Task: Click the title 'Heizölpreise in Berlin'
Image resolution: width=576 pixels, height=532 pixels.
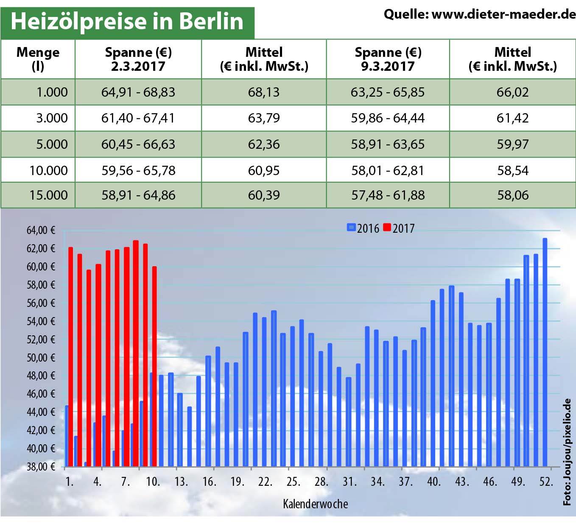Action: (127, 21)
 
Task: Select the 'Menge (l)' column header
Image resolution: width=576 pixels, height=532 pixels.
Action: (38, 59)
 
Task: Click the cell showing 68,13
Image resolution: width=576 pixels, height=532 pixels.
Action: (264, 92)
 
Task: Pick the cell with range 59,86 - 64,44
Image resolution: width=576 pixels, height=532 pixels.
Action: (387, 118)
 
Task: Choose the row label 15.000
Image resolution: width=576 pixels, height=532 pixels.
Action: (48, 195)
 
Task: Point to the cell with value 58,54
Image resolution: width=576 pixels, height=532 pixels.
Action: (513, 170)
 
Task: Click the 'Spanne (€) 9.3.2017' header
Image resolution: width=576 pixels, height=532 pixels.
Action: (388, 59)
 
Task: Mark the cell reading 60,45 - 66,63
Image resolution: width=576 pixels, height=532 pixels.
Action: (138, 144)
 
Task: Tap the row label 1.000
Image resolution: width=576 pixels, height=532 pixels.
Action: (52, 92)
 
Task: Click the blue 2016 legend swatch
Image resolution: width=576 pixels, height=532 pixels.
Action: (351, 228)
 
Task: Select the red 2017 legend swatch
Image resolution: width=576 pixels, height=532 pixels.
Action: (386, 228)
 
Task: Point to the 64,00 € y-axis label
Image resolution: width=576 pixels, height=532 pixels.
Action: (41, 230)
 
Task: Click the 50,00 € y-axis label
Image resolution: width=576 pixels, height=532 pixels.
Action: (41, 357)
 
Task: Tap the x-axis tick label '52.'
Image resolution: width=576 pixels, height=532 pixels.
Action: (546, 482)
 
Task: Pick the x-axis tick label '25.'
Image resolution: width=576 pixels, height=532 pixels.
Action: (293, 482)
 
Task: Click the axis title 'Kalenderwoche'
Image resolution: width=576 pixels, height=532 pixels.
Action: (315, 504)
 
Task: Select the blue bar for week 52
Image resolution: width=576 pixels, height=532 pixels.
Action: (545, 352)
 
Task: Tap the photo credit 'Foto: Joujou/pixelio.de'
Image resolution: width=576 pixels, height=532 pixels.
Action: (567, 452)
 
